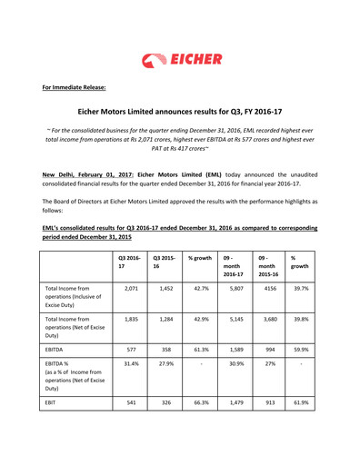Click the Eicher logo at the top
coord(179,60)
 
